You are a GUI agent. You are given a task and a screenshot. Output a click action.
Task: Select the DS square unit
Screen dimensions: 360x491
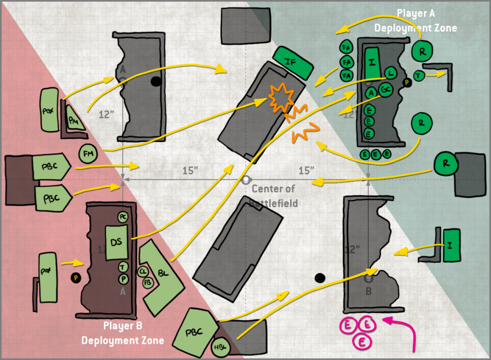[116, 242]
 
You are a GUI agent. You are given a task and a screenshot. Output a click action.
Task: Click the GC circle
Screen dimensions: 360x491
[386, 90]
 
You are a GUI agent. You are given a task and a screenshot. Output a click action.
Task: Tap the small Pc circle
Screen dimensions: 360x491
[123, 217]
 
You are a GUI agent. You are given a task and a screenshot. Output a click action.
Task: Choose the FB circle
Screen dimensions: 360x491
[147, 283]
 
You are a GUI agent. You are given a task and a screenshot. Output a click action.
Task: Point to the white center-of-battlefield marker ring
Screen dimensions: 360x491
[246, 180]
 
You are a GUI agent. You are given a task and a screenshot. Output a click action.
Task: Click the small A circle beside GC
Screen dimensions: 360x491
[370, 93]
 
